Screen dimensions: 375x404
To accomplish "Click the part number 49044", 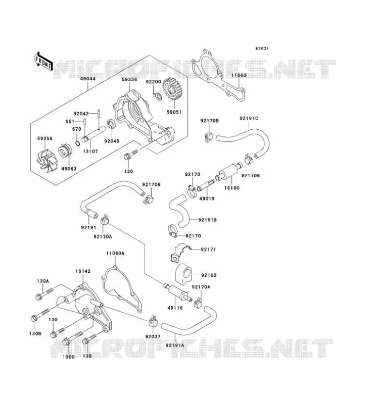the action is coord(88,79).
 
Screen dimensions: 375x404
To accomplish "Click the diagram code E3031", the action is coord(262,48).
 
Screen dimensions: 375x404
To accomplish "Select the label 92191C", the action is coord(249,119).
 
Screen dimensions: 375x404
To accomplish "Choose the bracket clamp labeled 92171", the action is coord(180,252).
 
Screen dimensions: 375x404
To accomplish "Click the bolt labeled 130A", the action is coord(44,294).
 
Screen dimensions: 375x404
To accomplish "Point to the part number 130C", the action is coord(69,357).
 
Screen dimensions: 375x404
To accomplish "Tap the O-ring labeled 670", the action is coord(77,142).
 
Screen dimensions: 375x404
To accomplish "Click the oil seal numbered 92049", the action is coord(112,124).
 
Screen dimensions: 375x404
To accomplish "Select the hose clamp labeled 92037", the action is coord(154,321).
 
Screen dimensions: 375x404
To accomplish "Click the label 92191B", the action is coord(207,220).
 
